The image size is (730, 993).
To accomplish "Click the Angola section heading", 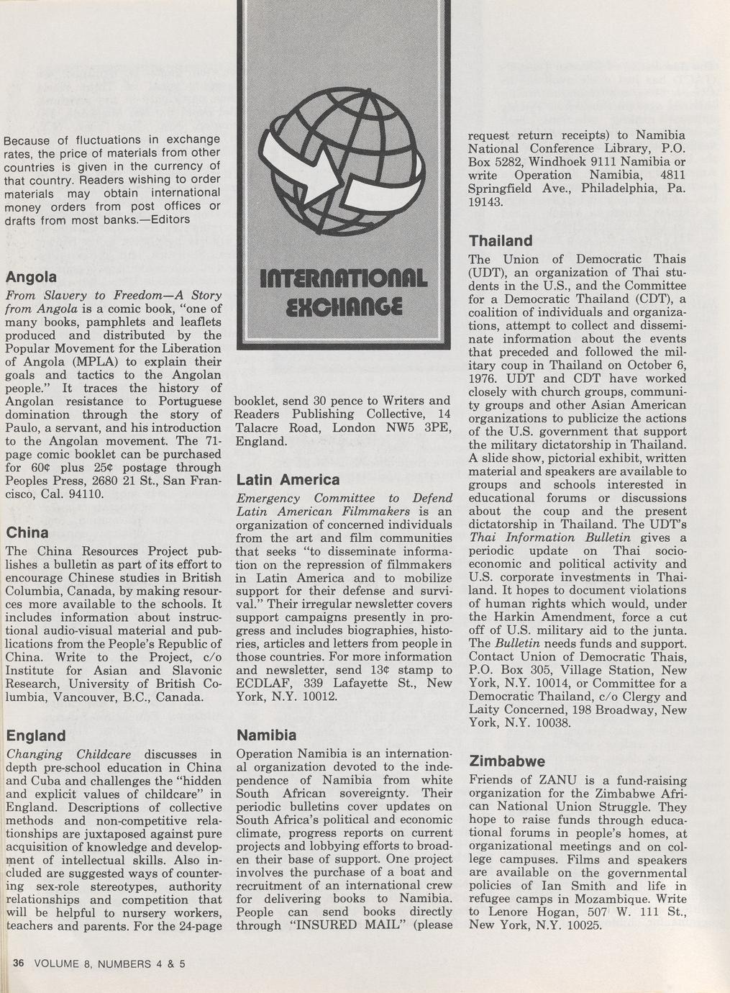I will [31, 277].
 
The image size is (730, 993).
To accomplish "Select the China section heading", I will [27, 533].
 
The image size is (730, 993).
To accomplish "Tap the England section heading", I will [35, 735].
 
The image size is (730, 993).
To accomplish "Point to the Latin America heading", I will [288, 480].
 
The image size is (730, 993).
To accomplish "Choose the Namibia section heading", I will [266, 735].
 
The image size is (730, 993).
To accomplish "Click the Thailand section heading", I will [501, 240].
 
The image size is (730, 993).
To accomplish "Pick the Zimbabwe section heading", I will [507, 761].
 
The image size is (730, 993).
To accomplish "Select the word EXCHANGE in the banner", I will [343, 301].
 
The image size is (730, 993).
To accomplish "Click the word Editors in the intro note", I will [167, 219].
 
